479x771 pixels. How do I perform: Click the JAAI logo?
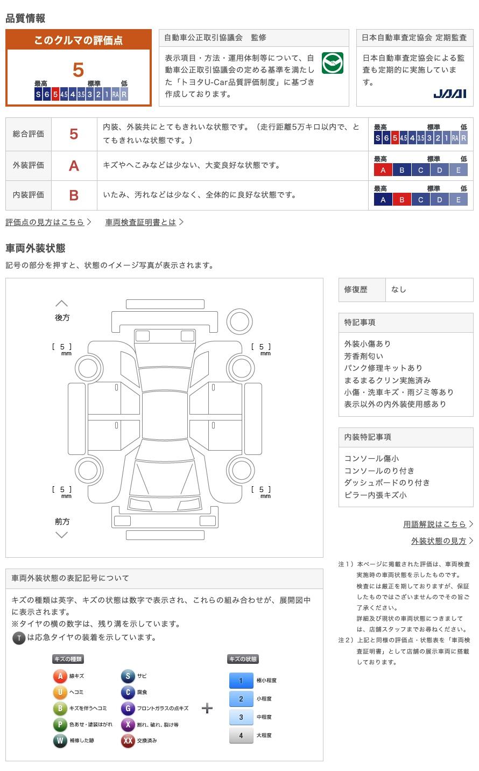click(x=449, y=94)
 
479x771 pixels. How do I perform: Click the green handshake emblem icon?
click(x=332, y=63)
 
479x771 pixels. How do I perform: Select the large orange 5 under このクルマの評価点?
click(x=79, y=70)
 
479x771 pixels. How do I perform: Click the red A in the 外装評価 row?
click(x=74, y=166)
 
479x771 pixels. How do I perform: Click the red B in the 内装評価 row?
click(x=74, y=195)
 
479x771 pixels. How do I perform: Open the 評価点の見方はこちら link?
click(x=45, y=222)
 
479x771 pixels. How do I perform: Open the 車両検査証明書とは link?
click(x=141, y=222)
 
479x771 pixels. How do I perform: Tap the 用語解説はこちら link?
click(x=435, y=524)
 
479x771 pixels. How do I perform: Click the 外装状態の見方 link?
click(x=439, y=541)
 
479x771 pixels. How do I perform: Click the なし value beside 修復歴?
click(x=399, y=290)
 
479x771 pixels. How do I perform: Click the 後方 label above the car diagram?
click(x=62, y=318)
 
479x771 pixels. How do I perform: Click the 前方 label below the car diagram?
click(x=62, y=521)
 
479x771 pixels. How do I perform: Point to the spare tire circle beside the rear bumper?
click(x=239, y=321)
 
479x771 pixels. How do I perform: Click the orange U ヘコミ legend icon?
click(x=60, y=692)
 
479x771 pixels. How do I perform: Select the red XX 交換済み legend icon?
click(x=128, y=741)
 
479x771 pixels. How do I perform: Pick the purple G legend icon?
click(x=128, y=709)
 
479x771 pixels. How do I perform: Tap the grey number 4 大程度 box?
click(x=241, y=735)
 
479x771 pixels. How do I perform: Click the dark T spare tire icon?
click(x=19, y=638)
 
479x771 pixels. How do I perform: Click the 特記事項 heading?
click(x=360, y=323)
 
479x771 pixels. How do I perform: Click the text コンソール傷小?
click(x=372, y=459)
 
